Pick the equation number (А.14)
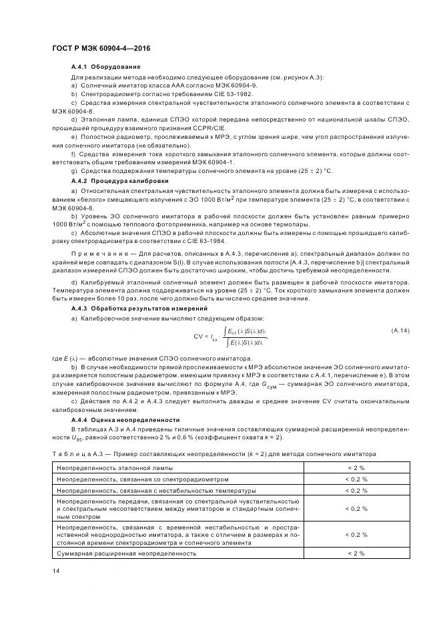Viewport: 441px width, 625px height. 400,331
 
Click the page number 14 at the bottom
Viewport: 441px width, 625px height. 55,572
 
